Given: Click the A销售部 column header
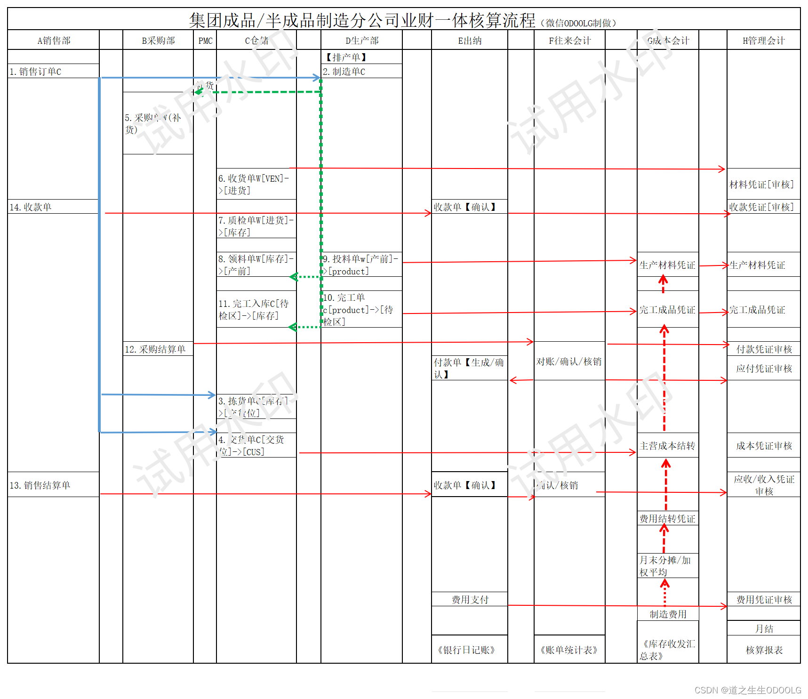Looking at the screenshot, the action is click(x=54, y=40).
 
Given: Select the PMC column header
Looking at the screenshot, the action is click(x=205, y=40).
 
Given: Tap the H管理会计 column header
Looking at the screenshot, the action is click(x=763, y=40).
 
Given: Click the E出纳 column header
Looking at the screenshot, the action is click(x=470, y=40).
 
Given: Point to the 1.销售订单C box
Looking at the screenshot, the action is click(x=36, y=72).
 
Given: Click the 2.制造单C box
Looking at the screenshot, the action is click(x=344, y=72).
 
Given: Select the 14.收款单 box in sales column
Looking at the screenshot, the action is click(x=31, y=207).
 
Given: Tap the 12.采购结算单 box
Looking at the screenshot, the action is click(x=155, y=349).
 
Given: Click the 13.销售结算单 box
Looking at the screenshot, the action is click(x=40, y=485).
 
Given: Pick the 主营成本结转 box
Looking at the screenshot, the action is click(x=667, y=446).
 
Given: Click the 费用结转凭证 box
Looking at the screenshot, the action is click(x=667, y=519).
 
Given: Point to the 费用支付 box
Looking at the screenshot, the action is click(x=470, y=600).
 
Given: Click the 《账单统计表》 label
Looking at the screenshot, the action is click(x=569, y=650).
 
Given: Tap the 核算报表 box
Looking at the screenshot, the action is click(x=764, y=650).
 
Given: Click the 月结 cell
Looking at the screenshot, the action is click(x=764, y=629).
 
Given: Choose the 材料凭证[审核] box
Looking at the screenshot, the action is click(x=761, y=185).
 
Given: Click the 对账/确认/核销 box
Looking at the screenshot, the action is click(x=569, y=362).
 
